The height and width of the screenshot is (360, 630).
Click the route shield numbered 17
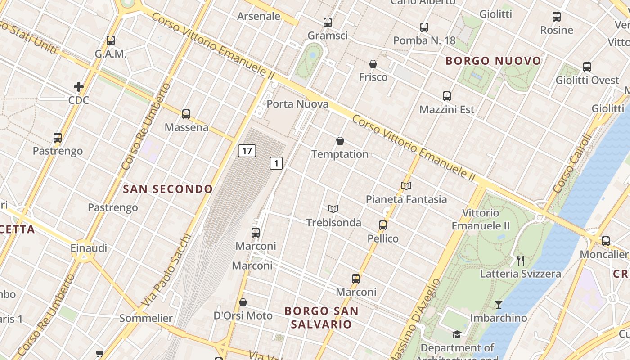coord(247,151)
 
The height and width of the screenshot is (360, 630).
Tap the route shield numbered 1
coord(276,163)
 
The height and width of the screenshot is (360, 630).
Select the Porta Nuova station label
coord(297,104)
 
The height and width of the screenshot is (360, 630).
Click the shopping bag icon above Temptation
coord(340,141)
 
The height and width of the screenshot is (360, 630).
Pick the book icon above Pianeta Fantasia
coord(406,186)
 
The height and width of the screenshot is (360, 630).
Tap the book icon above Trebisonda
coord(333,209)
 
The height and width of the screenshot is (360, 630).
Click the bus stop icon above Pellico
coord(383,225)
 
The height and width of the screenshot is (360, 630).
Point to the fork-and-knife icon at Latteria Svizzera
coord(521,260)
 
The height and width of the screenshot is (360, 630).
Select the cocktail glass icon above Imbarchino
coord(498,305)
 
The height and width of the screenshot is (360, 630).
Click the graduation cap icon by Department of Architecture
coord(457,334)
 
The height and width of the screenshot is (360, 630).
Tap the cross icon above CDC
coord(79,86)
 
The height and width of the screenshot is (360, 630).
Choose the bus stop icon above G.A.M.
coord(111,40)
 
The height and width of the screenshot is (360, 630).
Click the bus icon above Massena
coord(186,114)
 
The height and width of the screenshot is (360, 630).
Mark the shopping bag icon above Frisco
coord(373,64)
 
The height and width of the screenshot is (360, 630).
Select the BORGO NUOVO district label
coord(493,61)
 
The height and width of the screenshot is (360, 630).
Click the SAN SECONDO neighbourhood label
coord(168,189)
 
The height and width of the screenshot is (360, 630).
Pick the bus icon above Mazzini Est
coord(447,96)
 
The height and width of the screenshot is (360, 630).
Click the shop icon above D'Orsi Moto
coord(243,302)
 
